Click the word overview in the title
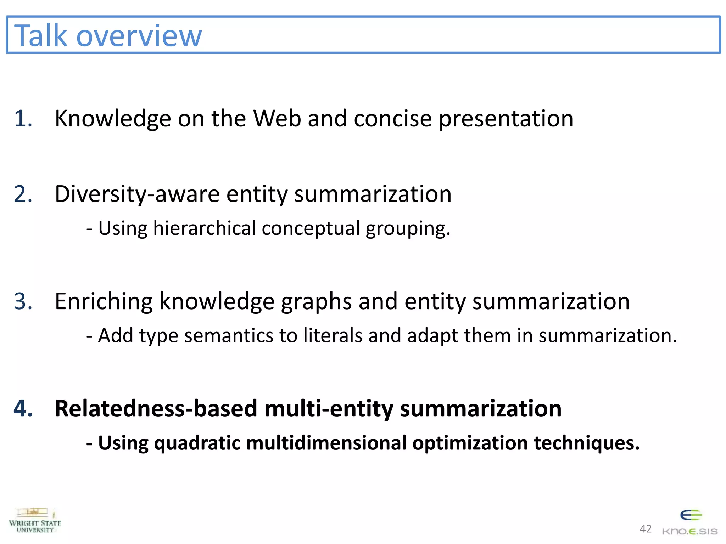point(139,36)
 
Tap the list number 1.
point(23,118)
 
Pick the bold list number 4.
point(23,409)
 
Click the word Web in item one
point(277,118)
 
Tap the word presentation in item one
point(506,119)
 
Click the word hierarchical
point(205,228)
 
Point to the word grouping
point(408,229)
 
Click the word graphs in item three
point(316,302)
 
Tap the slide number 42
point(646,529)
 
